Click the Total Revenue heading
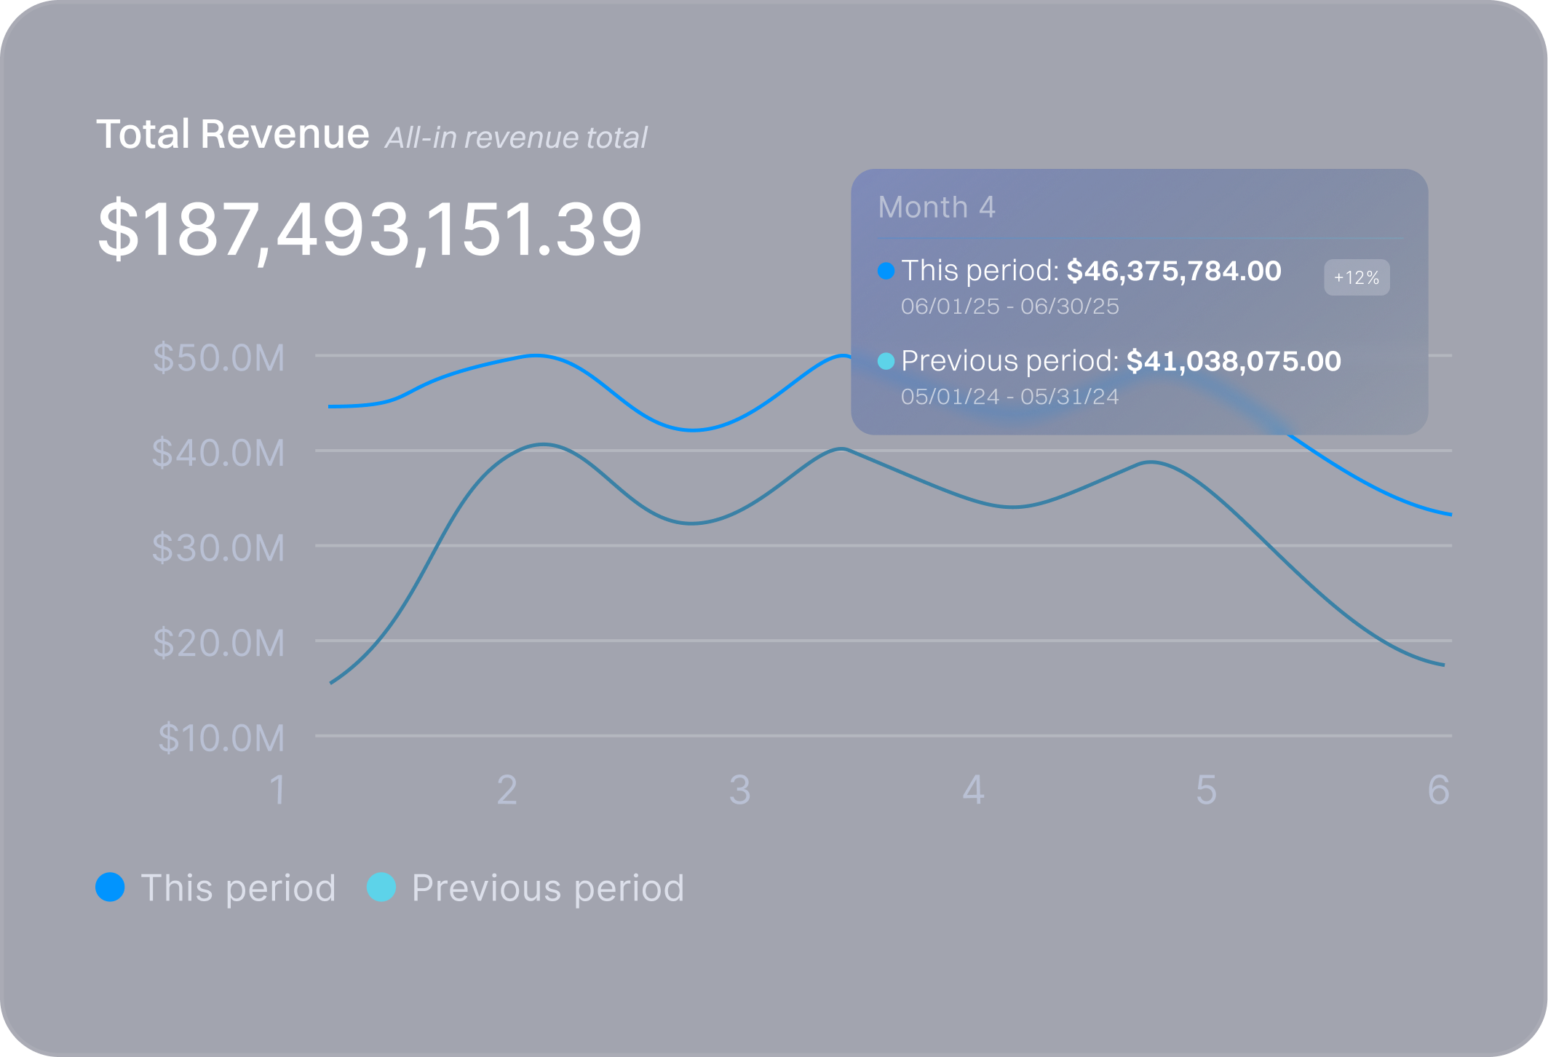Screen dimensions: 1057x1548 (233, 135)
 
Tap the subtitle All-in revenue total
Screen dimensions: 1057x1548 (516, 138)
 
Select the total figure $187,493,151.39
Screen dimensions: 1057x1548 (370, 230)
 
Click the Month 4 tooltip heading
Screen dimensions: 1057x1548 (937, 207)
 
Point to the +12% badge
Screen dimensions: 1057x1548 (1356, 277)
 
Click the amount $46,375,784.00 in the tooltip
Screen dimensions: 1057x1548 (1173, 271)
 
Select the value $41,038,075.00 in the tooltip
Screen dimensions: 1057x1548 (1233, 361)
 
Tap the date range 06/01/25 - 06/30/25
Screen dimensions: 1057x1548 (1009, 306)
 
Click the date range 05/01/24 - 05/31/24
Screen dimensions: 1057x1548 (1009, 397)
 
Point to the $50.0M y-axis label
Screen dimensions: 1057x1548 (218, 358)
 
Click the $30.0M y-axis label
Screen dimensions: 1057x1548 (218, 548)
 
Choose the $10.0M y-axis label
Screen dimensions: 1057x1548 (221, 738)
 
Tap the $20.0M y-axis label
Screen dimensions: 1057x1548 (218, 644)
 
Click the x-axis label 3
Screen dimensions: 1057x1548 (739, 791)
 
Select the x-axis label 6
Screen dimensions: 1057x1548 (1438, 791)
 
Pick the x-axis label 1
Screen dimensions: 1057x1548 (277, 791)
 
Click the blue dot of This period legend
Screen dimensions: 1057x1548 (111, 887)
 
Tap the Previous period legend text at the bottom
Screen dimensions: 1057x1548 (547, 888)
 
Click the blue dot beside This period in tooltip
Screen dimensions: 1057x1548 (886, 271)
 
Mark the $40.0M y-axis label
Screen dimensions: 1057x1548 (218, 453)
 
